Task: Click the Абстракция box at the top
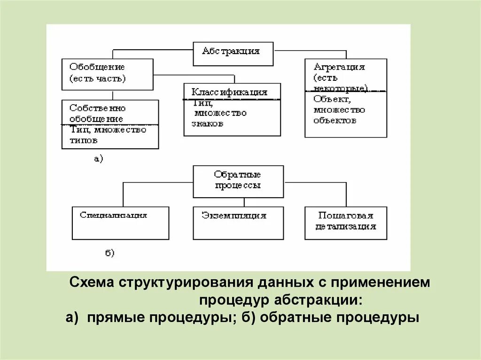coord(233,54)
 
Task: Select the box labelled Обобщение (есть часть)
coord(107,74)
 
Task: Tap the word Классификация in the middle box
coord(230,92)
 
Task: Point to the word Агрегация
coord(339,67)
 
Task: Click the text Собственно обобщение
coord(97,113)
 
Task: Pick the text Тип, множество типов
coord(108,135)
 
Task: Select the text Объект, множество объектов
coord(339,110)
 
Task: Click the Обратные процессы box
coord(238,181)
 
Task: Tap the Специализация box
coord(120,222)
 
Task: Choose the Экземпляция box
coord(238,222)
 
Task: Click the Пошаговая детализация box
coord(346,222)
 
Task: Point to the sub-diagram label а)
coord(98,159)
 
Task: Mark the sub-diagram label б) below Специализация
coord(109,253)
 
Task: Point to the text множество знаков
coord(219,118)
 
